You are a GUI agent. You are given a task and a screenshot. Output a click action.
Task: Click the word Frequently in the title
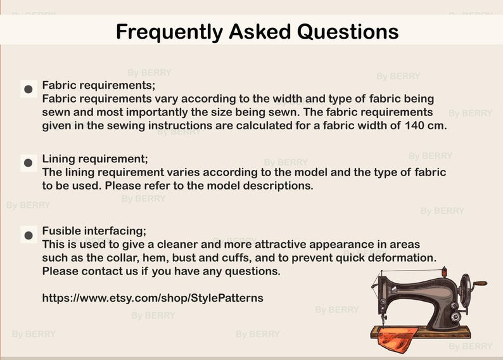169,32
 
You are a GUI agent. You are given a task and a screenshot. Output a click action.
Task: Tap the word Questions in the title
348,32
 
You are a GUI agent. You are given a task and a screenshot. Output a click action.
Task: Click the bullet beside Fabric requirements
29,89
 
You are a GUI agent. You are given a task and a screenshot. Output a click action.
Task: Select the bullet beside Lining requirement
29,163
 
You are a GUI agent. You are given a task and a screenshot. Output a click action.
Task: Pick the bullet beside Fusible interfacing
29,235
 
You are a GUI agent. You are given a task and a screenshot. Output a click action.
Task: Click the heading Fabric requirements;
99,86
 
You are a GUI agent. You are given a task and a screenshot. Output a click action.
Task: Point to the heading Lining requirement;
95,159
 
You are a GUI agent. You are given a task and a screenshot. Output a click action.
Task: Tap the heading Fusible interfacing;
94,231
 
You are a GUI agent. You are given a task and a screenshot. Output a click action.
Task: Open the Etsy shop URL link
153,298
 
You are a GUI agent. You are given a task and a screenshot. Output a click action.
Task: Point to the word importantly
157,113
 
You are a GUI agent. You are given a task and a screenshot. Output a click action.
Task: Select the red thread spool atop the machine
444,272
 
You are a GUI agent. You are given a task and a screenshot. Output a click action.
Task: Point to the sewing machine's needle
383,320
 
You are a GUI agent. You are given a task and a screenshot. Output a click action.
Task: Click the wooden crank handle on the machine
480,284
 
